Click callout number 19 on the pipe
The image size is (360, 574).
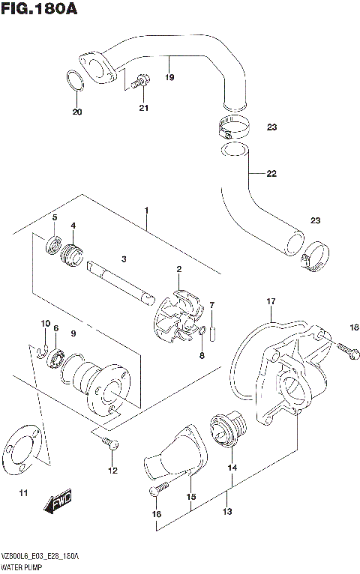point(169,77)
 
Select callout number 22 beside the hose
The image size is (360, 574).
point(271,174)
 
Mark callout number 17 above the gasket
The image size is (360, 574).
point(271,302)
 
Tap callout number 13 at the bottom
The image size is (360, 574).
point(227,512)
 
